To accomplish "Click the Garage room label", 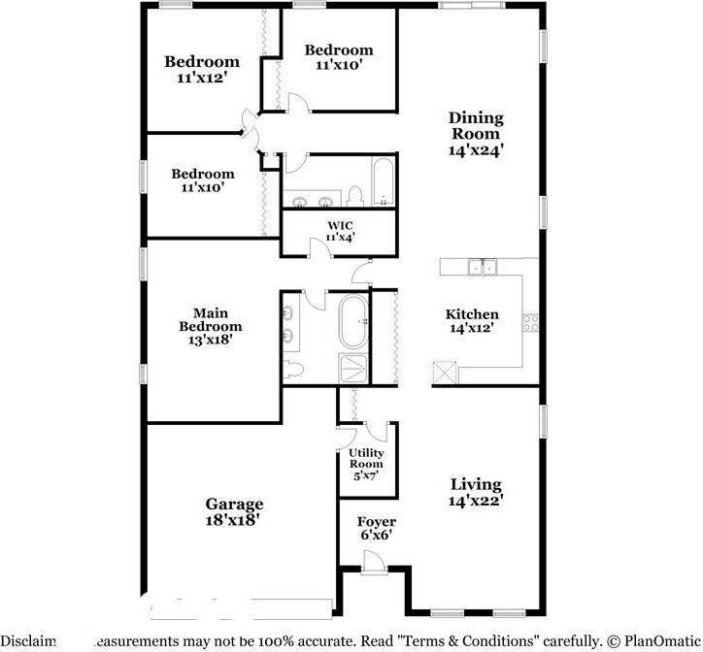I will coord(234,505).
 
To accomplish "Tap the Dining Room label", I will coord(476,126).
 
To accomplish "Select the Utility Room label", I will coord(366,459).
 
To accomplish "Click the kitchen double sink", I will coord(481,267).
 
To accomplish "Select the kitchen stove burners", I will coord(531,321).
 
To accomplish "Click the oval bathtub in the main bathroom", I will coord(352,323).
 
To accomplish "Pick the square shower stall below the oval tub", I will coord(351,369).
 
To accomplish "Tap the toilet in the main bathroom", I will coord(295,370).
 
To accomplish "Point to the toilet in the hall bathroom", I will coord(355,196).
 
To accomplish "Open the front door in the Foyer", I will coord(374,562).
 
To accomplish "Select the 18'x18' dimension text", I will coord(234,519).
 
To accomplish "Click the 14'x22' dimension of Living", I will coord(476,501).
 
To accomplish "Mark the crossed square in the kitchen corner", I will coord(445,374).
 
